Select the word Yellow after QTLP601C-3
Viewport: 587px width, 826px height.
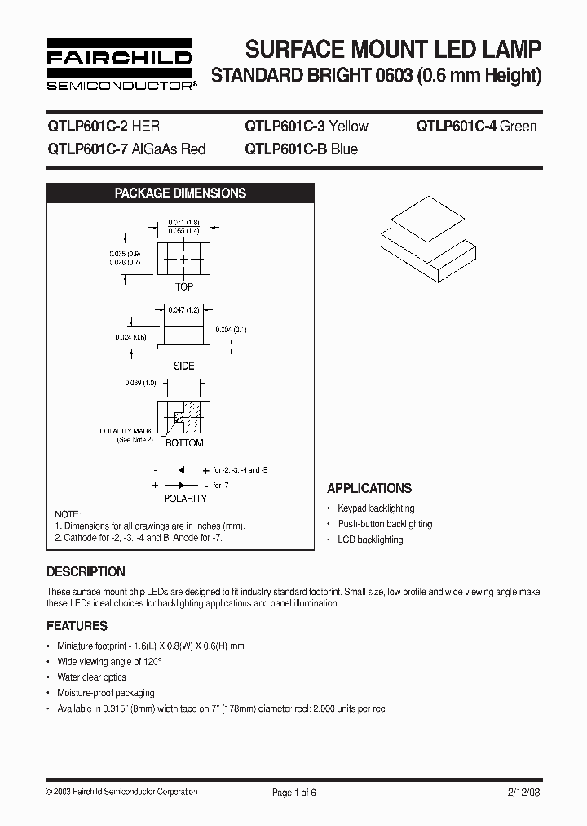click(347, 127)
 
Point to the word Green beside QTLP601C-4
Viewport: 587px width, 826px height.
click(519, 127)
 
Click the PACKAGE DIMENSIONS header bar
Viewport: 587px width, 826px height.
click(180, 193)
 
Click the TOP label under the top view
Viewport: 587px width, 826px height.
click(184, 287)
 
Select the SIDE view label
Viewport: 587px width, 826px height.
click(184, 366)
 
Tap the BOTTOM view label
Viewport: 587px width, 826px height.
click(184, 443)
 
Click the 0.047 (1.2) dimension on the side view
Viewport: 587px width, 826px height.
click(184, 311)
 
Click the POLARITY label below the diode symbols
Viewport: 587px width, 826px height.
click(185, 498)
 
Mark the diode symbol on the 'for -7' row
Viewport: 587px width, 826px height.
click(181, 485)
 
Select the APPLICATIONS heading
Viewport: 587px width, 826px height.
click(369, 489)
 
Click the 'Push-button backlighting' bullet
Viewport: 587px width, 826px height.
click(385, 524)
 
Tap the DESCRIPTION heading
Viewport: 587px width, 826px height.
click(86, 572)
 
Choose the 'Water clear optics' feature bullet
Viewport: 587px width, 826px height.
click(91, 677)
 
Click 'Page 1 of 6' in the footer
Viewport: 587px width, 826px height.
click(293, 793)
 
